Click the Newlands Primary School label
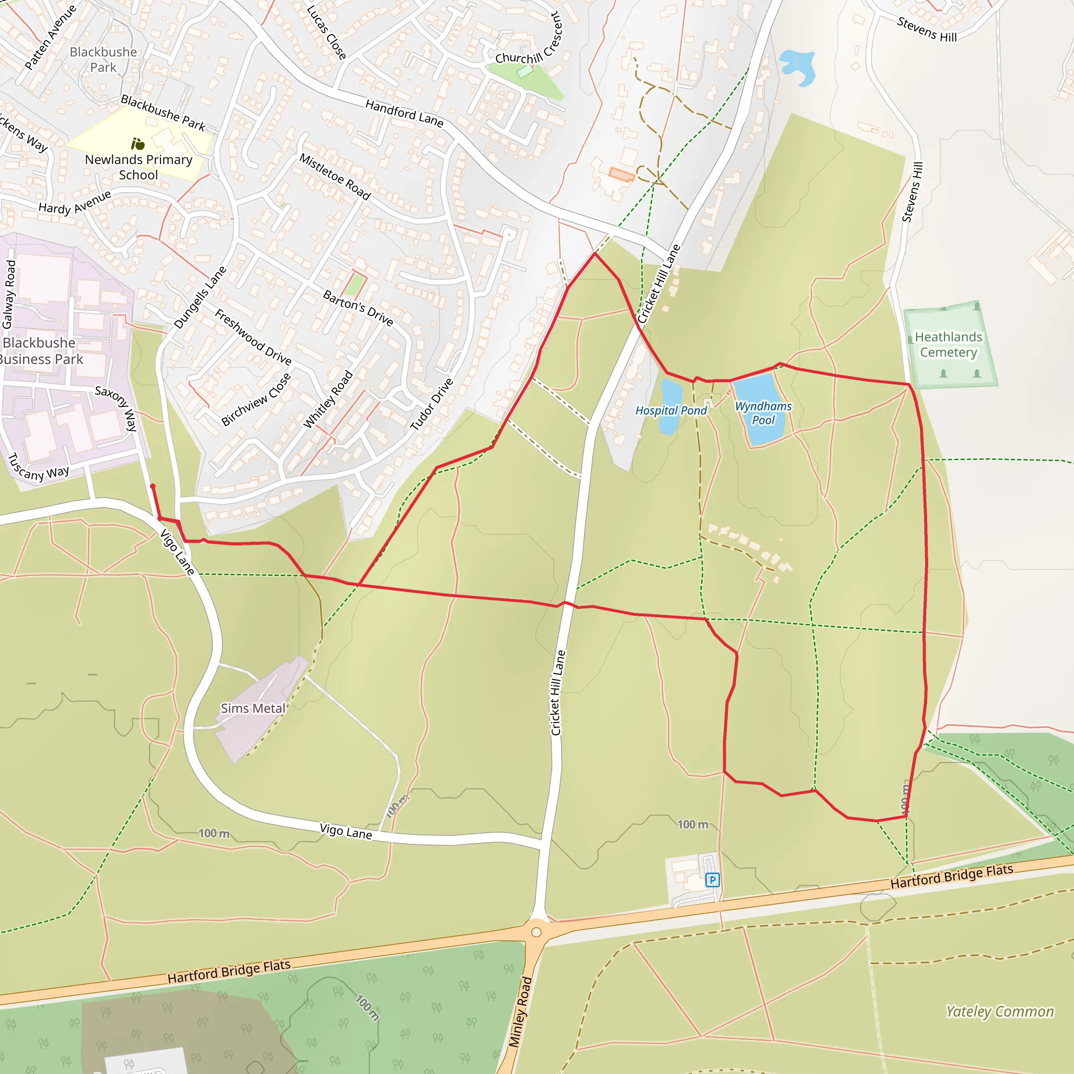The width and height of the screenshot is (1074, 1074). click(x=138, y=167)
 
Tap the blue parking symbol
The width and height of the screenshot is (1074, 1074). click(x=712, y=879)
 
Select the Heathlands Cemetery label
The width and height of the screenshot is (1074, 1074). click(x=948, y=345)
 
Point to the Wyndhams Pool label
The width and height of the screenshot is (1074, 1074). click(x=763, y=413)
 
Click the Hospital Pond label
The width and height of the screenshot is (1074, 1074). click(x=671, y=411)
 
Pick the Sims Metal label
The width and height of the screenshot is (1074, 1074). click(x=253, y=708)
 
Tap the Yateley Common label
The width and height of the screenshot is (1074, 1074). click(x=1000, y=1011)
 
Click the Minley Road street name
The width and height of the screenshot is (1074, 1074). click(x=521, y=1012)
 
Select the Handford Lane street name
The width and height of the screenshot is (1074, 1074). click(x=404, y=113)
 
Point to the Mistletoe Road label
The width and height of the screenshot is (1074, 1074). click(x=335, y=176)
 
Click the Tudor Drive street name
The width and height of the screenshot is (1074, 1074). click(x=432, y=404)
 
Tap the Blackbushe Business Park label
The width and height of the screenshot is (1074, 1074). click(x=40, y=351)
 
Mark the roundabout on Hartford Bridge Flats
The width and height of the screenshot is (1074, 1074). click(x=536, y=932)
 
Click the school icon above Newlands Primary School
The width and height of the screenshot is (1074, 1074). click(x=138, y=144)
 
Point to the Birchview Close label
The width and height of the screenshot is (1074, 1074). click(x=256, y=400)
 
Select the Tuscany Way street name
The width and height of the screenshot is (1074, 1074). click(x=38, y=466)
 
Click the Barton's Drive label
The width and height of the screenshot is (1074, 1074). click(x=358, y=308)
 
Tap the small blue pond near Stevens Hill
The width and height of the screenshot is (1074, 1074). click(x=798, y=67)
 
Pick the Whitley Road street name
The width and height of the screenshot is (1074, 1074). click(x=327, y=399)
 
